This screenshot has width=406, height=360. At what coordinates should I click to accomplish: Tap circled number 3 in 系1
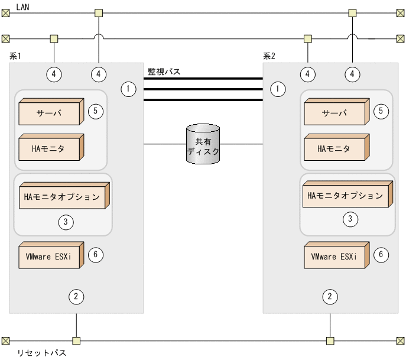tap(66, 222)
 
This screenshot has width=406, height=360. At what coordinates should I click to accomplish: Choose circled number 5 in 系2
tap(381, 111)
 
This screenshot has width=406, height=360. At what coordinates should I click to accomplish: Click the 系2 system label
tap(269, 57)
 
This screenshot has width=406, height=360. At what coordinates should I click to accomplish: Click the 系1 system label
tap(16, 56)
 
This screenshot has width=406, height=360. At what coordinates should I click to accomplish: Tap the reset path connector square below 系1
tap(76, 340)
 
